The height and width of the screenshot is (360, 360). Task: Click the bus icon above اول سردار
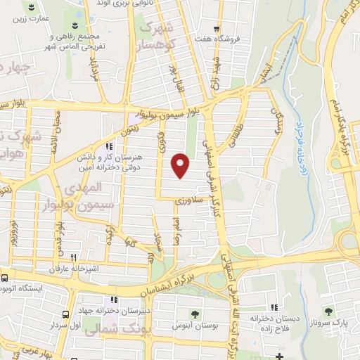(x=65, y=315)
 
